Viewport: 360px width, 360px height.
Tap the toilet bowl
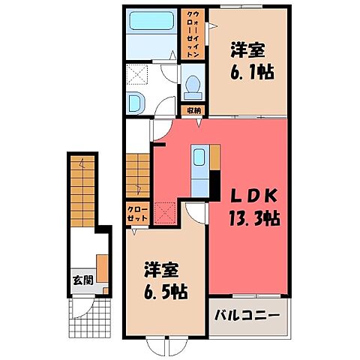(x=192, y=86)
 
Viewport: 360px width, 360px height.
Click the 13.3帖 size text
(x=250, y=220)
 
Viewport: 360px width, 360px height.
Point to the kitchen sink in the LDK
(x=199, y=159)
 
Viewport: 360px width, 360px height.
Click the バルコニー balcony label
(x=249, y=312)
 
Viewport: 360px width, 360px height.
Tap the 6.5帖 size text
(x=166, y=290)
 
